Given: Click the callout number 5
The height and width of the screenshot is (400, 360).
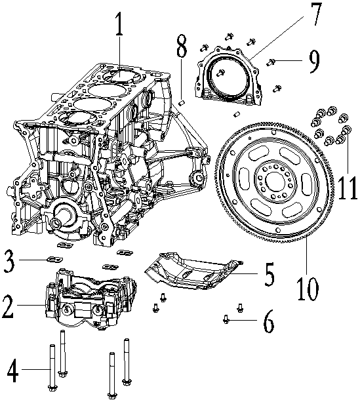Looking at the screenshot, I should (268, 275).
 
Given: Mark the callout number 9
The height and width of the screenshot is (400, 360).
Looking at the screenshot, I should (313, 62).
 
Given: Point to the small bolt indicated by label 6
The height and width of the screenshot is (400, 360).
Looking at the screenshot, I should (226, 319).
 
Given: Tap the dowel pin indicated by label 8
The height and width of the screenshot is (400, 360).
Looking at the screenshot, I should (184, 101).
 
